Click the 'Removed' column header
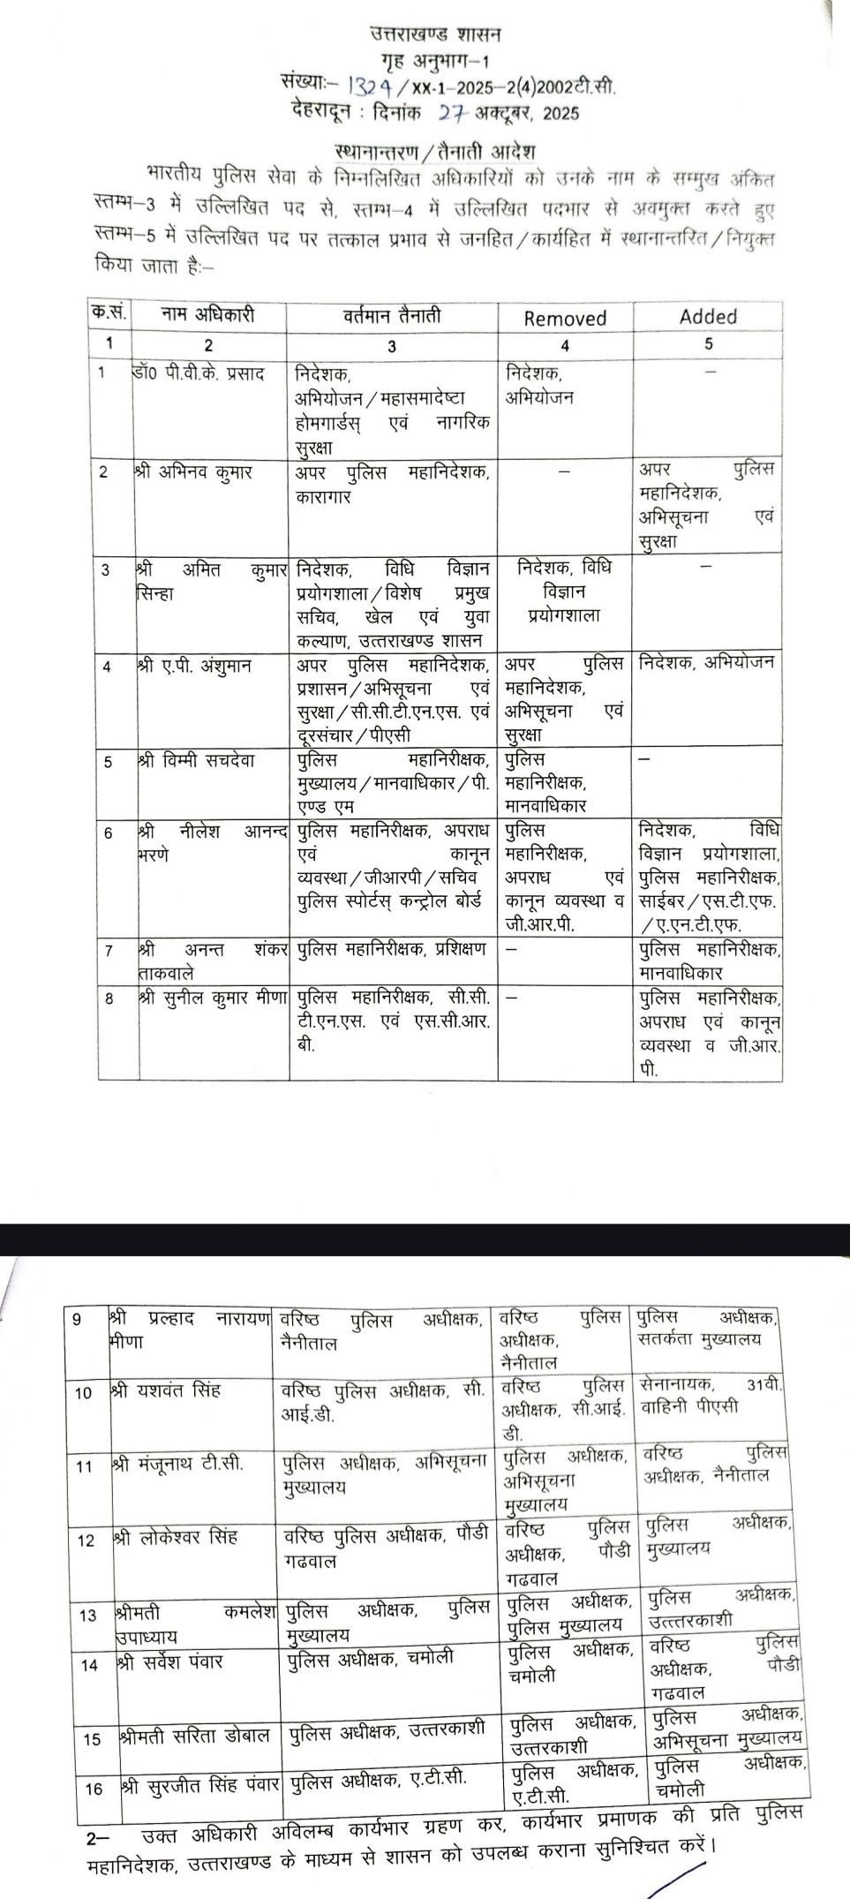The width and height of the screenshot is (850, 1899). tap(565, 318)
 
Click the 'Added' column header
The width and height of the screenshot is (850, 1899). tap(708, 316)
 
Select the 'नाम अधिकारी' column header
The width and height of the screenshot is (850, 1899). tap(208, 314)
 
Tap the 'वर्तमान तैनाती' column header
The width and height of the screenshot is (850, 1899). tap(392, 315)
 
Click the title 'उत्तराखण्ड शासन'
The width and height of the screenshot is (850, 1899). tap(435, 35)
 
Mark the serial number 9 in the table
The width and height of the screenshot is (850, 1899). tap(76, 1320)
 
